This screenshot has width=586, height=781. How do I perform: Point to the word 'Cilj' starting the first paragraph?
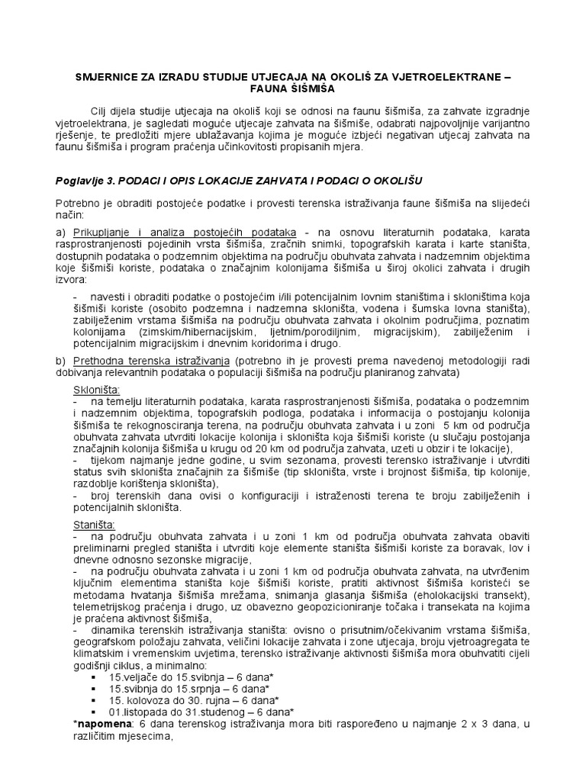(101, 112)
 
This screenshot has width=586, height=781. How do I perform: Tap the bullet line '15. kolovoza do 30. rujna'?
(185, 701)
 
